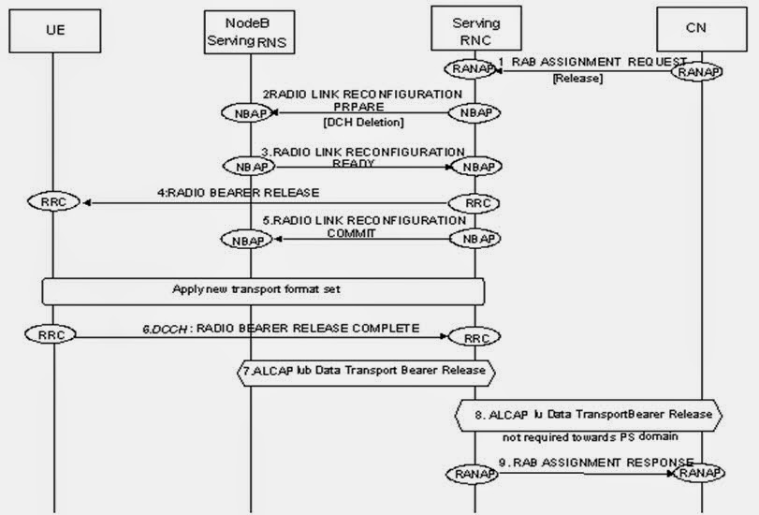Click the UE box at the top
click(55, 30)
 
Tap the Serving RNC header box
click(475, 29)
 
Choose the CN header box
click(696, 30)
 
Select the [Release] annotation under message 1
click(577, 79)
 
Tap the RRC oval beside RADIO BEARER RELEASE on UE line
click(61, 202)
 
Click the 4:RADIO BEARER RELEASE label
click(239, 192)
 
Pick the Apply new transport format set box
click(262, 289)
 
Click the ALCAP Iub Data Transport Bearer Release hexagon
click(363, 370)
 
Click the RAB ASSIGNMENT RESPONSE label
click(596, 462)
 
